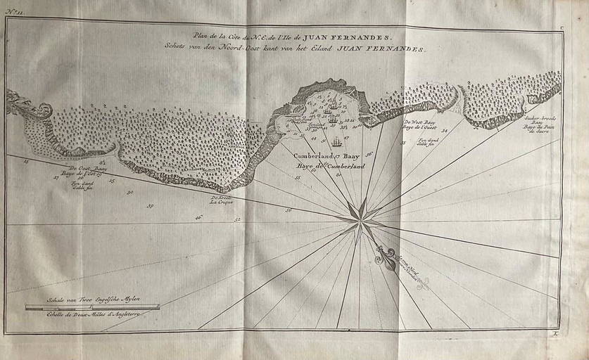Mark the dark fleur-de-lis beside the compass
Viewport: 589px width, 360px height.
[x=384, y=255]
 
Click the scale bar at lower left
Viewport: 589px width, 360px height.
[x=92, y=307]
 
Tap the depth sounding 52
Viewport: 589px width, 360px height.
[x=238, y=220]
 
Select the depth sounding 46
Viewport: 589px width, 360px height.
[x=198, y=218]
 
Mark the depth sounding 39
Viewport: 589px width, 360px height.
[x=149, y=205]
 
